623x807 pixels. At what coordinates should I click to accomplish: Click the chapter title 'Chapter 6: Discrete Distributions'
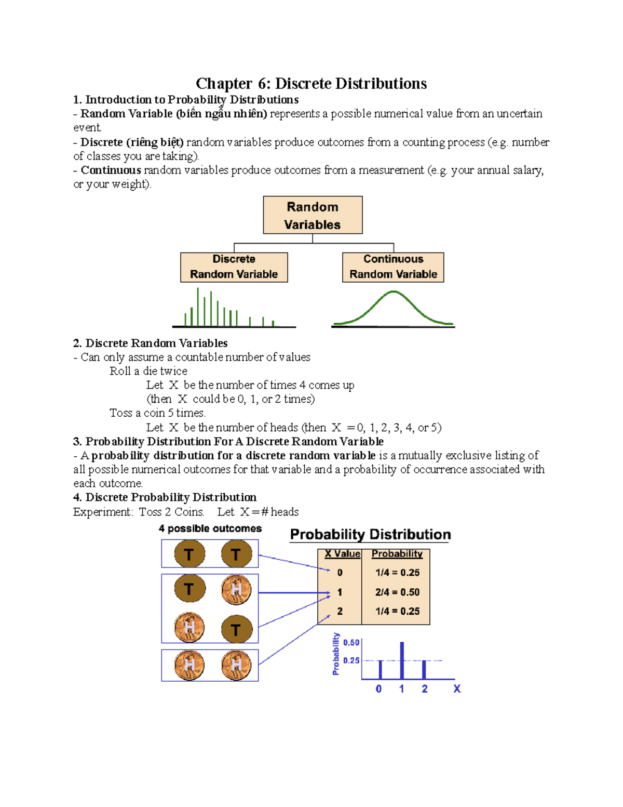click(311, 83)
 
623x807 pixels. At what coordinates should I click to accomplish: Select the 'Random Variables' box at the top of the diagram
click(313, 215)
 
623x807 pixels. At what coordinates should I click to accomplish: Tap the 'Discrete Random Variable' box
click(234, 267)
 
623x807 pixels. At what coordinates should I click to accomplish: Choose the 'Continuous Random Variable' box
click(393, 267)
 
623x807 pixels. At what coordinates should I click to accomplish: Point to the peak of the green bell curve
click(394, 293)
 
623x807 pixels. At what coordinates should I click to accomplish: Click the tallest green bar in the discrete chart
click(198, 307)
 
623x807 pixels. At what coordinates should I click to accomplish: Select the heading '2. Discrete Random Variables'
click(150, 343)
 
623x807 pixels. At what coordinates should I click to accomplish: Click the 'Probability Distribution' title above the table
click(370, 534)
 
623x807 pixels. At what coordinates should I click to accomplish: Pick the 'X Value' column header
click(342, 554)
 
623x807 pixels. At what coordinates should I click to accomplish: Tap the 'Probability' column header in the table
click(397, 554)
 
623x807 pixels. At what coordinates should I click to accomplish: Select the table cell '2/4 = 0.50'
click(397, 592)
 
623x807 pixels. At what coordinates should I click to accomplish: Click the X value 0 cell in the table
click(340, 573)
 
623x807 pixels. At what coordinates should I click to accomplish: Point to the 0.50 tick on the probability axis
click(351, 643)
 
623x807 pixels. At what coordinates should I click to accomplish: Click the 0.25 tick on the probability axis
click(351, 660)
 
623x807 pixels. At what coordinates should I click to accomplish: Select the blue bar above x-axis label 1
click(402, 660)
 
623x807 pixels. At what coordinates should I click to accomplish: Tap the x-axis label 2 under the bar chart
click(425, 689)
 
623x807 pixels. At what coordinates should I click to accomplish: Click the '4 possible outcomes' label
click(210, 528)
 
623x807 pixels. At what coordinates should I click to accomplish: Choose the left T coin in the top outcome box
click(189, 554)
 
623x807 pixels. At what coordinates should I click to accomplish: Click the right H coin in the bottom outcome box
click(236, 665)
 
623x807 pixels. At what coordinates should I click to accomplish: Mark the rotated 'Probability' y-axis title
click(336, 654)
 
